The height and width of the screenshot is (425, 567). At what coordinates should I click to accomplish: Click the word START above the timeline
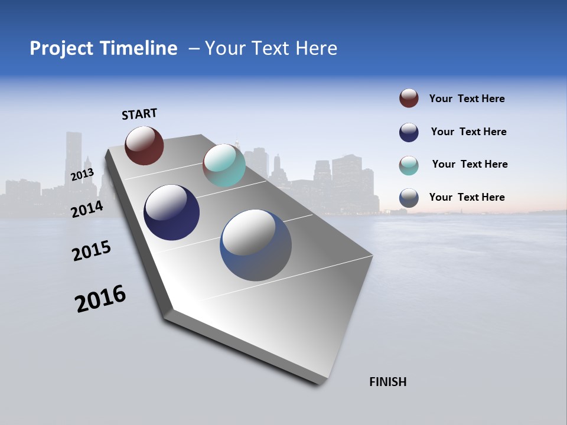[139, 114]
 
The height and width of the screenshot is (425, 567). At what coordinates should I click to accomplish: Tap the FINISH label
[387, 382]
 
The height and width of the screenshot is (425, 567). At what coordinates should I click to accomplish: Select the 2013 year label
[82, 174]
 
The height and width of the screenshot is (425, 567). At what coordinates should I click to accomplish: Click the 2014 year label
[87, 209]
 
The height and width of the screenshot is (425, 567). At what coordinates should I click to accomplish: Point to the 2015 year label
[92, 250]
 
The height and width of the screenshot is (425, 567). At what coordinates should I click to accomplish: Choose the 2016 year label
[100, 299]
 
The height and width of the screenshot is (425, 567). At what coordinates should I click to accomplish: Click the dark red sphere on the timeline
[144, 145]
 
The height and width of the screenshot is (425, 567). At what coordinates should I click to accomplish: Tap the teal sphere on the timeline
[224, 165]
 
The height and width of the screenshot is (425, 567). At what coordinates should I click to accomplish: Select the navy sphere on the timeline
[171, 212]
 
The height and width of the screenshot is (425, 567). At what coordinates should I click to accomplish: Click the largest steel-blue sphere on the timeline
[256, 245]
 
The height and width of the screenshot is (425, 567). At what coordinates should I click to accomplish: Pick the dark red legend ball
[409, 98]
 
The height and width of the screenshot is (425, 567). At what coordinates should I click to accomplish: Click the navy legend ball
[409, 132]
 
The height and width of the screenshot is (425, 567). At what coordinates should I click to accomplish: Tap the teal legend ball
[409, 165]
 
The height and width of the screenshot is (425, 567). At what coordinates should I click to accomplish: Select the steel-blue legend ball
[409, 198]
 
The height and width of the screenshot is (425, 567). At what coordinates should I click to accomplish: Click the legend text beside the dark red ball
[467, 99]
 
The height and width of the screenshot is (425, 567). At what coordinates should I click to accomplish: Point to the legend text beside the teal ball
[470, 164]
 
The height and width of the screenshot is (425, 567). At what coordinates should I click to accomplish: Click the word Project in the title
[61, 48]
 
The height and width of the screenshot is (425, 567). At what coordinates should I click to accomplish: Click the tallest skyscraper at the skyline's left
[73, 156]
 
